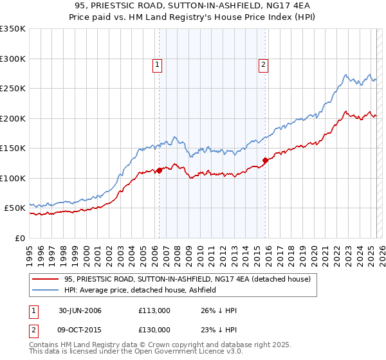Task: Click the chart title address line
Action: click(192, 6)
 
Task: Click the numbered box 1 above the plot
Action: click(158, 64)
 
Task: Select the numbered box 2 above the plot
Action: click(264, 64)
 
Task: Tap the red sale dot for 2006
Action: click(160, 170)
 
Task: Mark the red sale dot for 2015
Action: click(265, 160)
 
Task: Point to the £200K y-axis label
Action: click(13, 118)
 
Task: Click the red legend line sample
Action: click(45, 279)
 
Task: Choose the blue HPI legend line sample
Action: click(45, 290)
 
